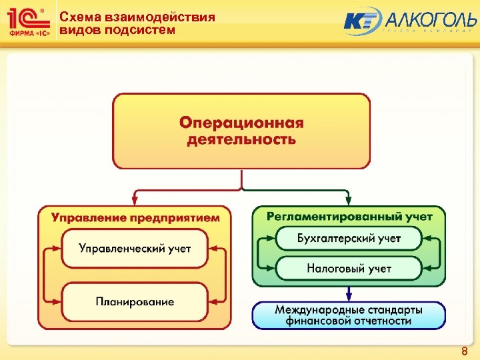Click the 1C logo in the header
tap(25, 17)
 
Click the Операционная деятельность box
tap(241, 131)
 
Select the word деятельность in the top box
tap(241, 139)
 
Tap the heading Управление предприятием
tap(136, 217)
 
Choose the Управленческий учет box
tap(135, 249)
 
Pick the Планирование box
tap(135, 301)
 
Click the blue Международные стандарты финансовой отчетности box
tap(349, 315)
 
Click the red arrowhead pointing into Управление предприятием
tap(136, 201)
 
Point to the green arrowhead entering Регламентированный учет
tap(348, 201)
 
